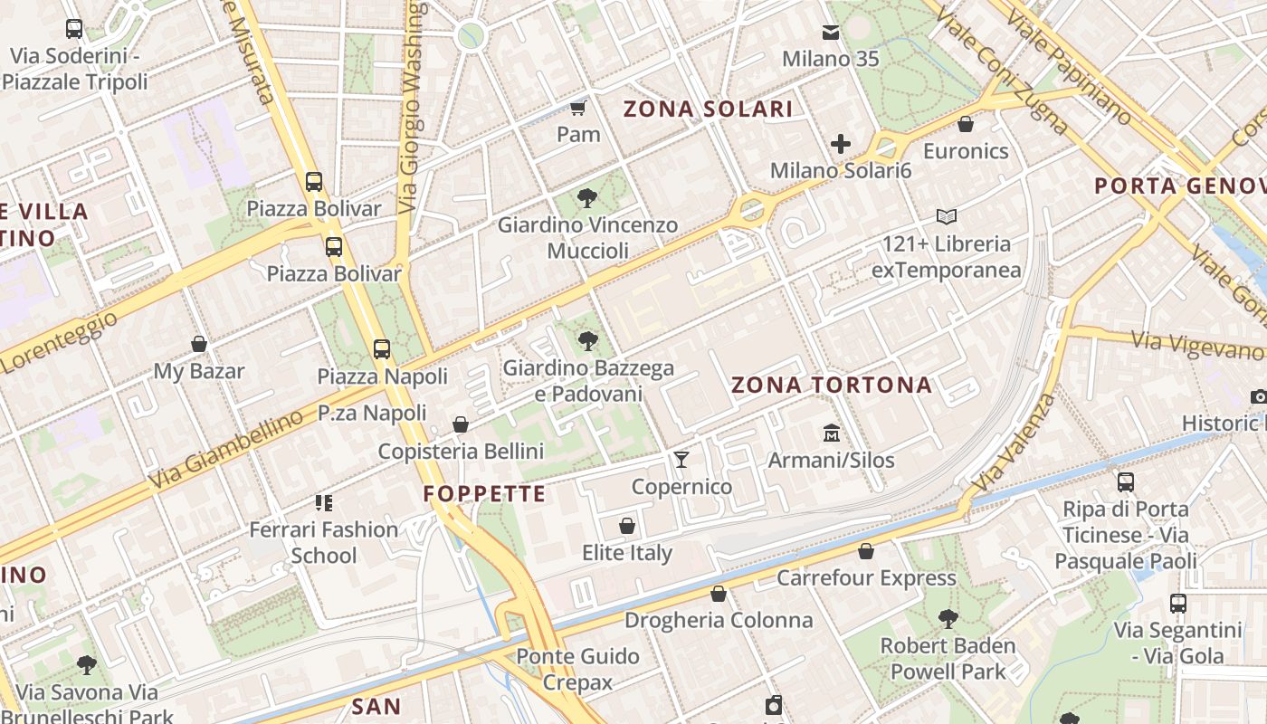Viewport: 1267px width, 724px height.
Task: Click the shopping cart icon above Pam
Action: pyautogui.click(x=577, y=109)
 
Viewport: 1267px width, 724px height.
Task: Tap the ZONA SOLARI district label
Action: pyautogui.click(x=708, y=110)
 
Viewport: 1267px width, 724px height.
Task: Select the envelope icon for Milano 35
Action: pyautogui.click(x=830, y=33)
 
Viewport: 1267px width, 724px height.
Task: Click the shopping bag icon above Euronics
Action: pyautogui.click(x=966, y=124)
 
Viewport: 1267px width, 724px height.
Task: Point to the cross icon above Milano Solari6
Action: pyautogui.click(x=841, y=143)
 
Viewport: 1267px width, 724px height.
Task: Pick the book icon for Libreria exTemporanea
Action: pyautogui.click(x=947, y=217)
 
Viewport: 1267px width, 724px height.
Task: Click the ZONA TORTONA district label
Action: pyautogui.click(x=831, y=385)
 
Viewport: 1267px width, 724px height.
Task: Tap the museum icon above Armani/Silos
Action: pyautogui.click(x=831, y=433)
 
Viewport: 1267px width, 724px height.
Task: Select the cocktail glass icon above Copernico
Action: pyautogui.click(x=681, y=460)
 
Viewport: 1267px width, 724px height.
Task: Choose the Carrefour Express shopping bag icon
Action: pyautogui.click(x=866, y=551)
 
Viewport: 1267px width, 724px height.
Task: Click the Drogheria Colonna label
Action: pyautogui.click(x=719, y=620)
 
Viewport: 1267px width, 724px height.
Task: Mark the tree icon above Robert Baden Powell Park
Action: pyautogui.click(x=948, y=619)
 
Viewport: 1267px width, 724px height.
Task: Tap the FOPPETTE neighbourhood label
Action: pyautogui.click(x=484, y=493)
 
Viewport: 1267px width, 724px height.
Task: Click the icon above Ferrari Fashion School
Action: pyautogui.click(x=323, y=502)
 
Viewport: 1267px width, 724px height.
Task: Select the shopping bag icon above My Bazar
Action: pyautogui.click(x=199, y=344)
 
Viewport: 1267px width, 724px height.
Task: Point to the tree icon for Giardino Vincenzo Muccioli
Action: pyautogui.click(x=586, y=197)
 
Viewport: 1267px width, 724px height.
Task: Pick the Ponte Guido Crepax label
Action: pyautogui.click(x=577, y=669)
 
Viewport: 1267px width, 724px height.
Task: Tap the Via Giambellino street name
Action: pyautogui.click(x=225, y=450)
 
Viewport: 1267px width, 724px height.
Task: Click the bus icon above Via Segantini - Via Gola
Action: pyautogui.click(x=1177, y=603)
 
